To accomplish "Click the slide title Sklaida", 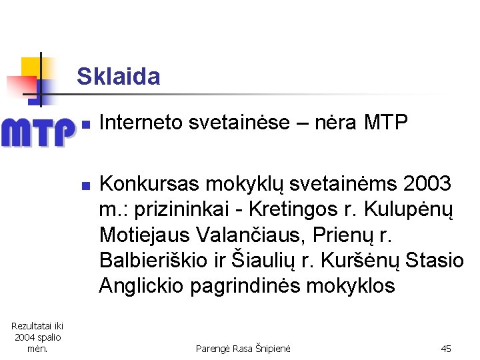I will [119, 77].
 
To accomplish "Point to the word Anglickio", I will [141, 286].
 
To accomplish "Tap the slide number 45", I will [446, 349].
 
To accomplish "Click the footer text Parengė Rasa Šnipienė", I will [243, 349].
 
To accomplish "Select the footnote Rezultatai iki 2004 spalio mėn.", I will [37, 337].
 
